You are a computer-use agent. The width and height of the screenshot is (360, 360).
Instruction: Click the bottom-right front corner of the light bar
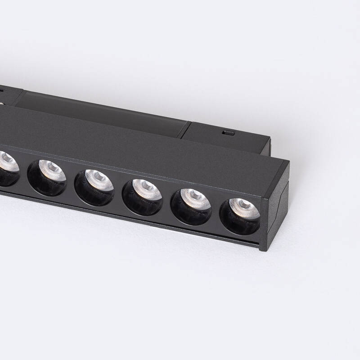coord(260,248)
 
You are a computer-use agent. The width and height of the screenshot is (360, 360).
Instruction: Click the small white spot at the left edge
coord(1,104)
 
